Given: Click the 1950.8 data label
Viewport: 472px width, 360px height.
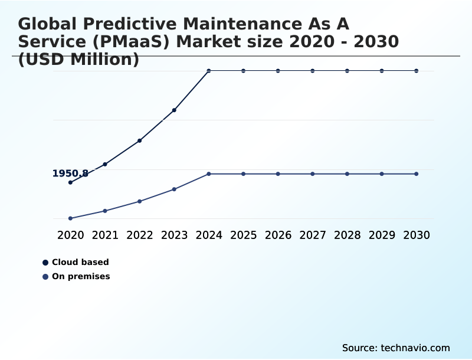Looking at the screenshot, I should point(70,174).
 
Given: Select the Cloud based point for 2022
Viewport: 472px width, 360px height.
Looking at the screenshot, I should point(140,140).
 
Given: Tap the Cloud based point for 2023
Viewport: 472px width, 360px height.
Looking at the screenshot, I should point(174,110).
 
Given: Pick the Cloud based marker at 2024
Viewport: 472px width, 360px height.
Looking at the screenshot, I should point(209,71).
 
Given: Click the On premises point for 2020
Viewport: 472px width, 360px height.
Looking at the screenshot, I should point(70,218).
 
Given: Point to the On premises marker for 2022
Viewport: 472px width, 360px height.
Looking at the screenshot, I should point(140,201).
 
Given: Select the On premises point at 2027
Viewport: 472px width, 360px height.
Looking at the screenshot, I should point(313,174).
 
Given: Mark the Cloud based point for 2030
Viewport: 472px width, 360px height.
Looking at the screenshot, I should point(417,71).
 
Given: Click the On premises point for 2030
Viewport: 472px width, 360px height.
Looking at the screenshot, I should point(417,174).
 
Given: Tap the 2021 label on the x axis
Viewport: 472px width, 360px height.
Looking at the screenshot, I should point(105,235).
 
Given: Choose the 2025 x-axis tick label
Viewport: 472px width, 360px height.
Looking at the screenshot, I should point(244,235).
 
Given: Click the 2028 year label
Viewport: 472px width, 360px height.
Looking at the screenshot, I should point(348,235).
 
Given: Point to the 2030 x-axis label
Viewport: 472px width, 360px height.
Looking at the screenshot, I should point(417,235).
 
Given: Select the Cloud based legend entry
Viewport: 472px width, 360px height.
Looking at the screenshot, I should point(80,262).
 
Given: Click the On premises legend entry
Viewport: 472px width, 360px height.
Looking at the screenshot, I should point(81,276).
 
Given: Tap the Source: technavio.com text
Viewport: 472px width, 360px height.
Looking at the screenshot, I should point(396,348).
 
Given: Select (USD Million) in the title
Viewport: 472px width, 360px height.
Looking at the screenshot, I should point(78,60).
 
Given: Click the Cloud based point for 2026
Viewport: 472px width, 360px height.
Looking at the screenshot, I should point(278,71).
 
